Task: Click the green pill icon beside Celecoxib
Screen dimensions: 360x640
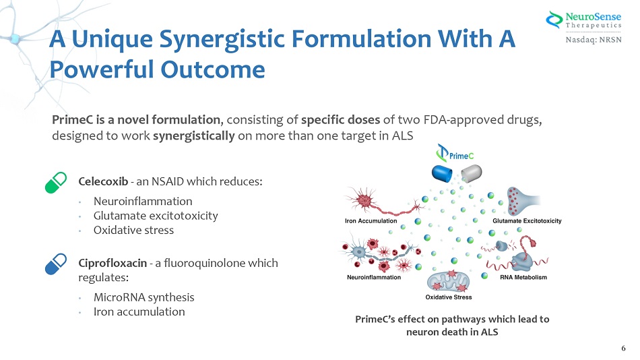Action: pos(56,183)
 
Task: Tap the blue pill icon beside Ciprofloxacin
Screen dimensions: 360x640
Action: pos(56,263)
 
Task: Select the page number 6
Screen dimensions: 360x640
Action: pos(623,348)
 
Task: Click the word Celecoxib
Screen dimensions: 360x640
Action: pos(104,182)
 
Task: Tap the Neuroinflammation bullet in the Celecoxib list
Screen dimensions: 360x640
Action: pos(143,201)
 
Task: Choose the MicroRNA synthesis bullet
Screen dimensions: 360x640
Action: pos(143,297)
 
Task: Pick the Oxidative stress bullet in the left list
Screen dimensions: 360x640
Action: pos(133,230)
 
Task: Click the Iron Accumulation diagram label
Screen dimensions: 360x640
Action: pos(371,220)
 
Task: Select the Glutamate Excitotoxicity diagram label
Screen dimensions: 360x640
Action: pos(527,220)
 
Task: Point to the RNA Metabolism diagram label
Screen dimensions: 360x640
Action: pos(523,277)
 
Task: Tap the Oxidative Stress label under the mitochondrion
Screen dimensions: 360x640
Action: pos(449,297)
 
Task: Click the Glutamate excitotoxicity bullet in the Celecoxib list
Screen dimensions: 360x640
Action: pos(156,216)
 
